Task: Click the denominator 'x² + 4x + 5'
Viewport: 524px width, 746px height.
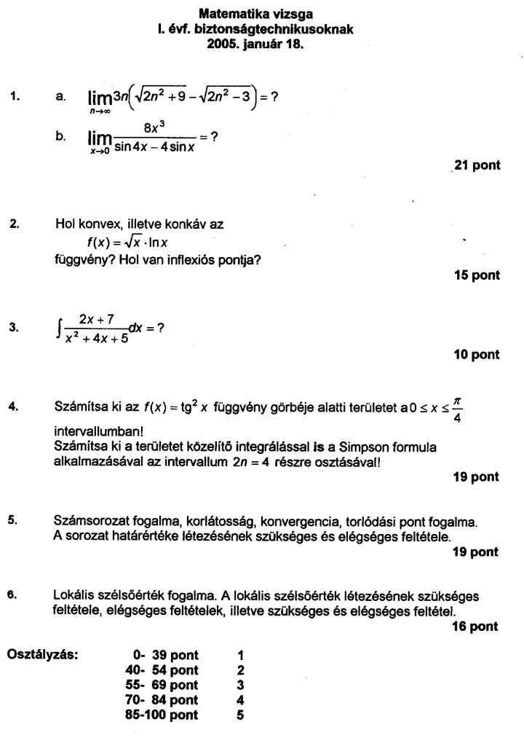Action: click(x=93, y=339)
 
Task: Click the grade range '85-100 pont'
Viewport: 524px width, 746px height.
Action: click(x=162, y=715)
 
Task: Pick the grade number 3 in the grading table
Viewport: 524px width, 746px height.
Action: click(x=241, y=685)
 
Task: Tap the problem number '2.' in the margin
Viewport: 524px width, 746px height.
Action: click(x=15, y=224)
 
